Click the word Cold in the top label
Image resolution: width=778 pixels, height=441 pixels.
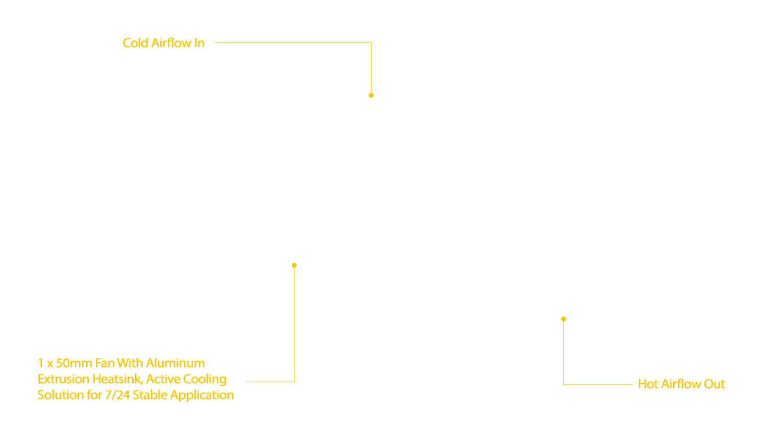(136, 43)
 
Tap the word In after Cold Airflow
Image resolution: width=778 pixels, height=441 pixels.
(199, 43)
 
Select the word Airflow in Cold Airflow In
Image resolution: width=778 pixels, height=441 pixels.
(171, 43)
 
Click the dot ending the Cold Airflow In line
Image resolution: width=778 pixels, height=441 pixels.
(371, 95)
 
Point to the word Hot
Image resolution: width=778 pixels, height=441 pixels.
(648, 384)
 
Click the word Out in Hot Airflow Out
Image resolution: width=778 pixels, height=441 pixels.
(714, 384)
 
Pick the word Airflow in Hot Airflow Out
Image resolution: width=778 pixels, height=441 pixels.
(681, 384)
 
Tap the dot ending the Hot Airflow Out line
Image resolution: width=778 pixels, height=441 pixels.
(564, 319)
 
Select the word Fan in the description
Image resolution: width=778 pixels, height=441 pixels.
(105, 363)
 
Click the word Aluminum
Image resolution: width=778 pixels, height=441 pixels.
(175, 363)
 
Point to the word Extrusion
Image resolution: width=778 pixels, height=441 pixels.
(64, 379)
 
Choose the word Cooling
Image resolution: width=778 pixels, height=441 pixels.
(205, 379)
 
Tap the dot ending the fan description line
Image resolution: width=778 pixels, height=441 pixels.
(295, 265)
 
